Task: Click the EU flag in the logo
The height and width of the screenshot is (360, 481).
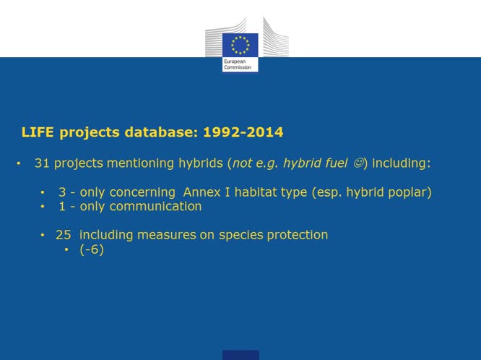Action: tap(240, 45)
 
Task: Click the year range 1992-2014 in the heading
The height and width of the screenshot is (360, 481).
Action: tap(243, 132)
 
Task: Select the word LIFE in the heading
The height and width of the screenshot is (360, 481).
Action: tap(34, 132)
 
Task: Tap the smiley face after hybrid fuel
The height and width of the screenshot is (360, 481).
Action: tap(357, 163)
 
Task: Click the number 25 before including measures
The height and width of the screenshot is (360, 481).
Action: tap(63, 235)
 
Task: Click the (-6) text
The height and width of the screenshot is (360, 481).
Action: tap(92, 250)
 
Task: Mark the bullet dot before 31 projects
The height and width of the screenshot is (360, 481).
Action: tap(18, 164)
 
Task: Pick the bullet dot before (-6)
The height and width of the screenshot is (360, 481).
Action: tap(66, 250)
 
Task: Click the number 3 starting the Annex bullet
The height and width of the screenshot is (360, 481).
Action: tap(62, 192)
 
